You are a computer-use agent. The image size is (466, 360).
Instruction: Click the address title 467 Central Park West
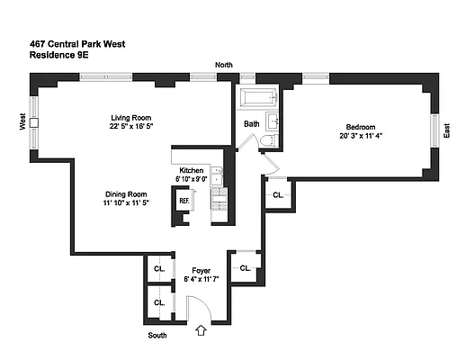76,42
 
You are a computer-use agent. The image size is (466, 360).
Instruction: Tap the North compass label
223,65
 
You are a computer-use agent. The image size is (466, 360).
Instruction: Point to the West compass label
22,121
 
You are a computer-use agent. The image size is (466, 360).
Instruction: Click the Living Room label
130,117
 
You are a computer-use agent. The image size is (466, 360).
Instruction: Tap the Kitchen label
191,170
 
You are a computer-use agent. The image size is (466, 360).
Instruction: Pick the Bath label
252,124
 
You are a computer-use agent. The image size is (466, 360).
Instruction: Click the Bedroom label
357,127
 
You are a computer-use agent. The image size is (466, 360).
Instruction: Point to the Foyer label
201,269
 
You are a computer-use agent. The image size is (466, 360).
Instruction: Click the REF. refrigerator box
184,202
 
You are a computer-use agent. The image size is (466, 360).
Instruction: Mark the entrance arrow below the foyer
201,331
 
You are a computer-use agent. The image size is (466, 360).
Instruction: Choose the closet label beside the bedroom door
278,194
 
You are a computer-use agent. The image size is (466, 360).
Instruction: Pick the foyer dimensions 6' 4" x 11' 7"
201,279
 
